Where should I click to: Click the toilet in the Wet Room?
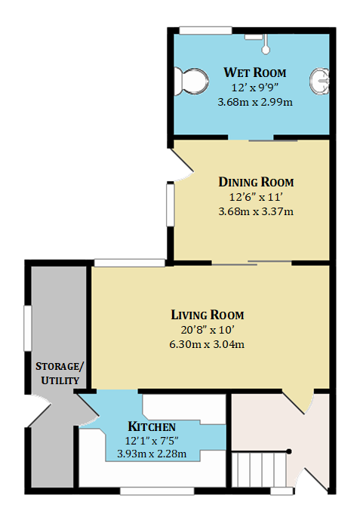click(191, 82)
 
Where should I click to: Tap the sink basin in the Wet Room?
click(320, 82)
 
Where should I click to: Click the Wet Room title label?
click(255, 72)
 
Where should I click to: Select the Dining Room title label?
click(256, 182)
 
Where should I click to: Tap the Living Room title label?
click(208, 315)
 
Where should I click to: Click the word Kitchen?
click(152, 426)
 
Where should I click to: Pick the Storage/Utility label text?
click(60, 374)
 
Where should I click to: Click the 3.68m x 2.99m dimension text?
click(255, 102)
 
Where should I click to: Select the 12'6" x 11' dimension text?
click(256, 197)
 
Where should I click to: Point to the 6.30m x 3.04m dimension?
click(207, 345)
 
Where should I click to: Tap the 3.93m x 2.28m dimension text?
click(152, 454)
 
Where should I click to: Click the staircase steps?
click(259, 469)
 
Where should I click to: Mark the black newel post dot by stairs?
click(289, 451)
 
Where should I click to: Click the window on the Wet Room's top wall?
click(205, 30)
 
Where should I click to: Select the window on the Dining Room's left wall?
click(170, 205)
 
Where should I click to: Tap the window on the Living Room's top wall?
click(130, 263)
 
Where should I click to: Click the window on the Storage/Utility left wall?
click(28, 328)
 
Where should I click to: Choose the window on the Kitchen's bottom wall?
click(157, 491)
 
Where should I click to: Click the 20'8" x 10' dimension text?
click(208, 330)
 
